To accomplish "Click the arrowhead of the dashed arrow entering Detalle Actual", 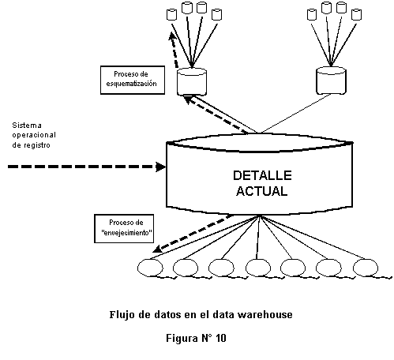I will pos(159,167).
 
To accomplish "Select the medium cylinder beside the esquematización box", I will pos(191,81).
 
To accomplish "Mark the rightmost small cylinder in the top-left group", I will pos(214,14).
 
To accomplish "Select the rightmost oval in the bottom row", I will pos(368,268).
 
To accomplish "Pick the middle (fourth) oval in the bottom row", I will pos(257,268).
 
